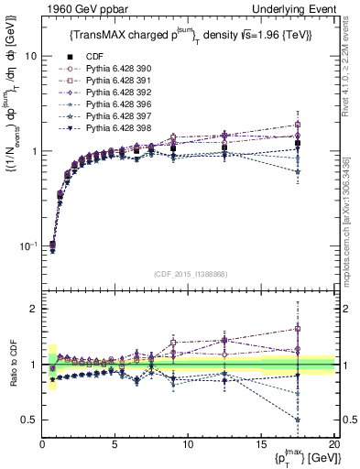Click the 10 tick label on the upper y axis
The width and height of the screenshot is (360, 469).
click(x=31, y=56)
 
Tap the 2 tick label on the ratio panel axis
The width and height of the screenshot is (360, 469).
click(x=34, y=309)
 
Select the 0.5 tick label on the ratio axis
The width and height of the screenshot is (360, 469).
click(x=29, y=420)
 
